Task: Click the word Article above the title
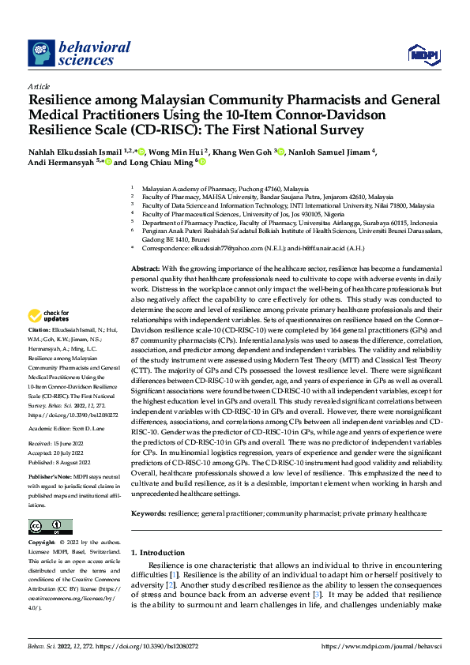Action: point(39,86)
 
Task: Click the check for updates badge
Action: point(49,314)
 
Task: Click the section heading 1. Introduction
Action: point(157,552)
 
